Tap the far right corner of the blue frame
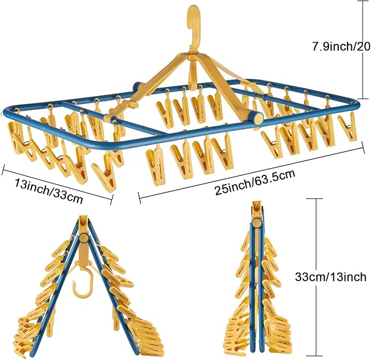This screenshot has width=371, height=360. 356,105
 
